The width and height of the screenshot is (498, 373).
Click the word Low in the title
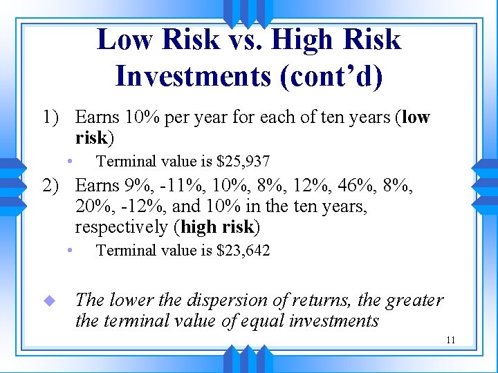pos(124,40)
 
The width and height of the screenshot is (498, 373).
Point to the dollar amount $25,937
pos(243,162)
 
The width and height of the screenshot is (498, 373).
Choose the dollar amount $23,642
pos(243,250)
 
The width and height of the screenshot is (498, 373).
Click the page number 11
pos(451,340)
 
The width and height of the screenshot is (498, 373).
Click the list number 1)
pos(50,117)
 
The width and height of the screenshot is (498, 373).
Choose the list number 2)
pos(50,186)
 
